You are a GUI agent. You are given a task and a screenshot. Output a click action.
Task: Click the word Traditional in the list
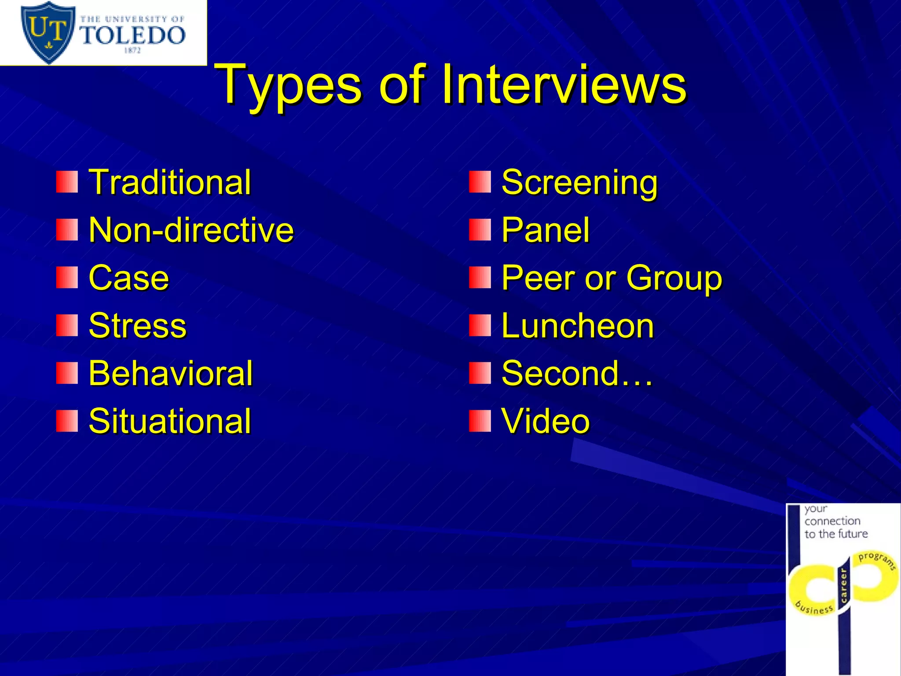(170, 182)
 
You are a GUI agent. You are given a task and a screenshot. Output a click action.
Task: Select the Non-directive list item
(191, 230)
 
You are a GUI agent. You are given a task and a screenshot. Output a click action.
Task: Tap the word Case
(128, 278)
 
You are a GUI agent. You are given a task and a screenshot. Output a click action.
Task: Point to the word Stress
(137, 326)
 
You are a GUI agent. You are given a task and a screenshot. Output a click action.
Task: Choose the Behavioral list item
(170, 373)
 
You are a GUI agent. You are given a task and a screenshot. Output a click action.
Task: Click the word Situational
(169, 421)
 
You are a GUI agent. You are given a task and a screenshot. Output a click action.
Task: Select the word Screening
(579, 182)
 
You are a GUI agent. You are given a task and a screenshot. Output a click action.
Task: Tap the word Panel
(545, 230)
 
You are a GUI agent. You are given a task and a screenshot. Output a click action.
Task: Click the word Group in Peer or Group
(674, 279)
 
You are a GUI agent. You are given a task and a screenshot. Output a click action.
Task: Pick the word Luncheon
(577, 326)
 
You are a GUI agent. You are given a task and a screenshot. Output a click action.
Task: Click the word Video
(545, 421)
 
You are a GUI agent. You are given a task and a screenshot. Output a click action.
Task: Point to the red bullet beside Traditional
(67, 182)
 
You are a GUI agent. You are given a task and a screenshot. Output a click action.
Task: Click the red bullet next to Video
(480, 421)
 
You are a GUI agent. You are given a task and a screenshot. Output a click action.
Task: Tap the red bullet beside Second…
(480, 373)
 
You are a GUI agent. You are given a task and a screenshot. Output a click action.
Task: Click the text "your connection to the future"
(835, 522)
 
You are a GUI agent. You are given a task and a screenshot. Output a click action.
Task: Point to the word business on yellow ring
(814, 608)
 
